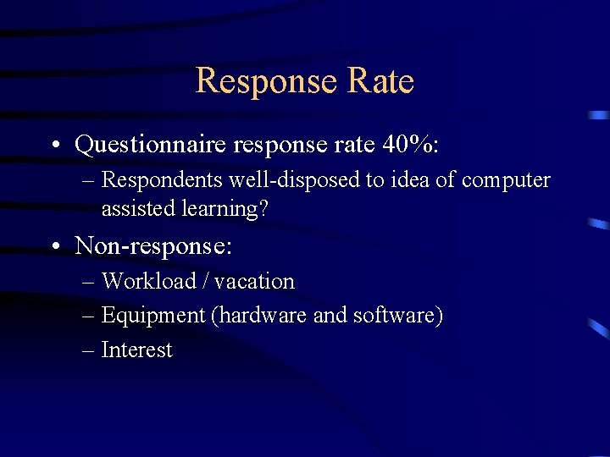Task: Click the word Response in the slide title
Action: [x=265, y=81]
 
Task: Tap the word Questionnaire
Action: [x=149, y=146]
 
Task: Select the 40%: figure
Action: [x=411, y=145]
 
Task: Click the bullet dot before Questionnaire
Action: [x=55, y=146]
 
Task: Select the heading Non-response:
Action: [x=153, y=246]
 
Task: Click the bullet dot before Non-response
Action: [x=55, y=247]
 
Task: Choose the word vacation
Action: [x=253, y=281]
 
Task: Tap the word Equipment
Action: [x=153, y=316]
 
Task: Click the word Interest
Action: [x=136, y=350]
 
